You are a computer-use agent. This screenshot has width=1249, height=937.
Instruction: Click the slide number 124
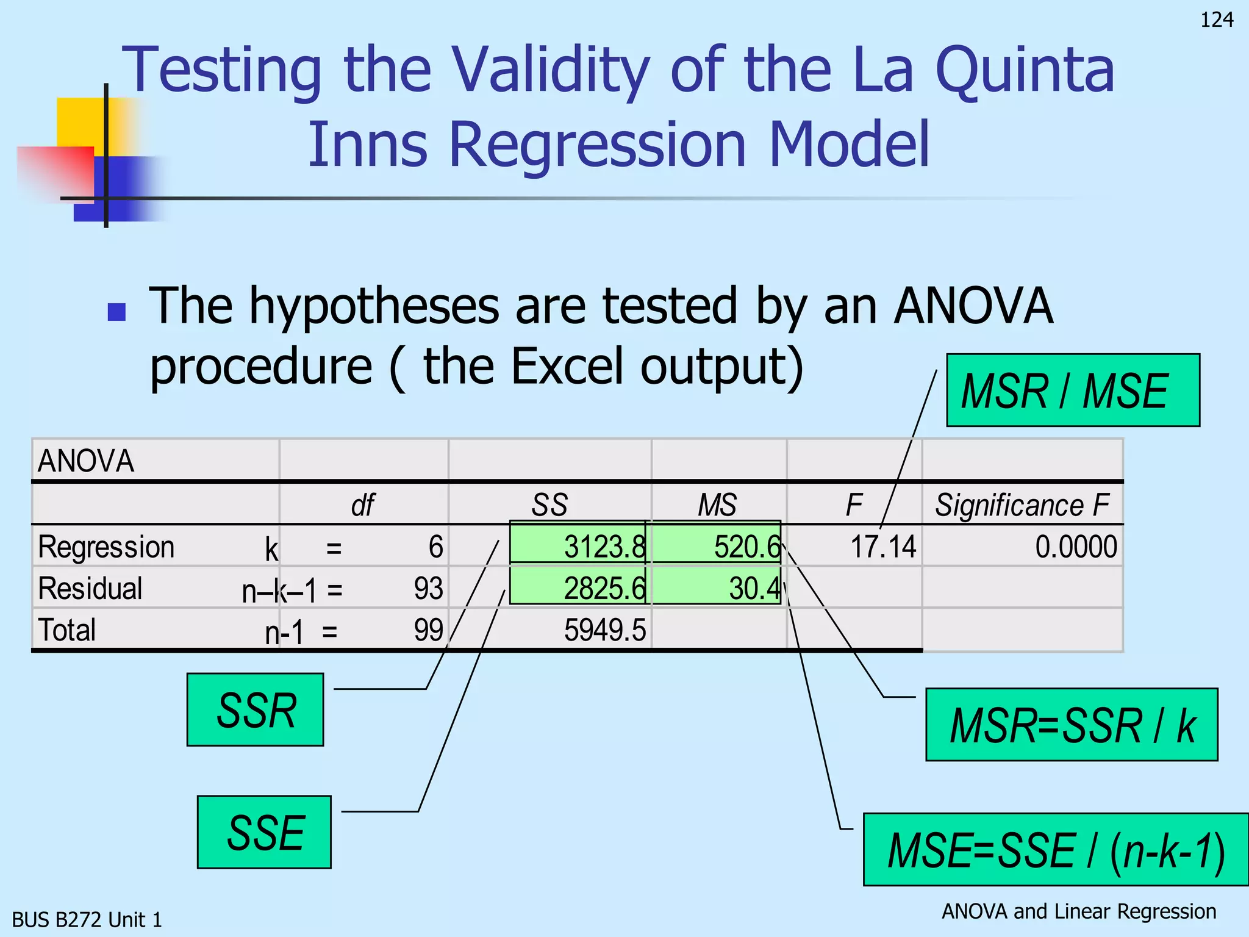pos(1216,20)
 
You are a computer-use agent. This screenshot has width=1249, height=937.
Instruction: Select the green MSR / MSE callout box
pos(1072,390)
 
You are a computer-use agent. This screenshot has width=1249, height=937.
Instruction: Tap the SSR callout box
pos(255,710)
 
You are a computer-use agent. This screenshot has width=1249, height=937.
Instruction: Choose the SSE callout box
pos(264,832)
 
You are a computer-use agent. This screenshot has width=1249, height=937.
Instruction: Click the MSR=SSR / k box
pos(1071,725)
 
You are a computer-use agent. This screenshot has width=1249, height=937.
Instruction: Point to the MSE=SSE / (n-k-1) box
pos(1056,850)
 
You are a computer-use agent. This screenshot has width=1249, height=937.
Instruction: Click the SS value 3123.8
pos(603,547)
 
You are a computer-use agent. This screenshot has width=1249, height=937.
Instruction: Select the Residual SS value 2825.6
pos(603,589)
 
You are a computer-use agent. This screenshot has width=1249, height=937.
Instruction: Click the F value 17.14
pos(882,547)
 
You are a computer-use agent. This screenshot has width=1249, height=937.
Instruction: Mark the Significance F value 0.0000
pos(1076,547)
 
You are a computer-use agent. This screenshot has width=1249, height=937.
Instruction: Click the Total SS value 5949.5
pos(604,630)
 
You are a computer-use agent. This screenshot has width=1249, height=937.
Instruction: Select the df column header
pos(362,505)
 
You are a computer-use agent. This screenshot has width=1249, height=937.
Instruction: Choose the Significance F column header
pos(1022,505)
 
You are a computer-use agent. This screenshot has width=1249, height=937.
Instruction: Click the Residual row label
pos(90,589)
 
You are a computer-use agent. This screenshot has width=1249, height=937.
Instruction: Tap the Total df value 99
pos(428,630)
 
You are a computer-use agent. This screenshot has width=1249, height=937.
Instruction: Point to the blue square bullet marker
pos(116,312)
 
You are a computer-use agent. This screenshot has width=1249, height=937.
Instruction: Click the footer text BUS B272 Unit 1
pos(87,919)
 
